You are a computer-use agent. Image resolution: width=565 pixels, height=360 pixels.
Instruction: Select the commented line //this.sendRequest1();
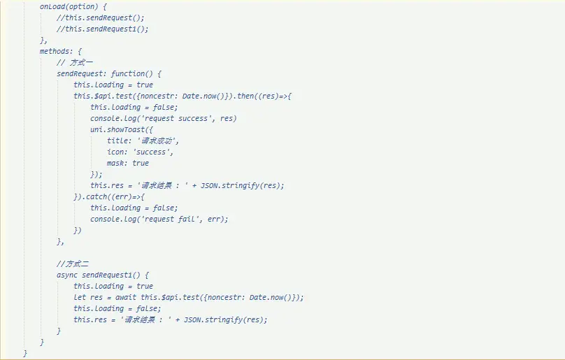(x=102, y=29)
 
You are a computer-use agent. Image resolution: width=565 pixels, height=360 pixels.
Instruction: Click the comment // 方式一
(x=75, y=62)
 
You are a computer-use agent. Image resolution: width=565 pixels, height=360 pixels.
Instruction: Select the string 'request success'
(x=178, y=118)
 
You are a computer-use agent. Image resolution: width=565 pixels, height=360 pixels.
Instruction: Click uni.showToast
(x=117, y=129)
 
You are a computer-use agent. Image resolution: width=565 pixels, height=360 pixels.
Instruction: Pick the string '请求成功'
(x=157, y=141)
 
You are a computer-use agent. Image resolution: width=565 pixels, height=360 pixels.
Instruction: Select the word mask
(x=115, y=163)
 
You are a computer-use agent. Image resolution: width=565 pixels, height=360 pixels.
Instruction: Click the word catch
(x=96, y=196)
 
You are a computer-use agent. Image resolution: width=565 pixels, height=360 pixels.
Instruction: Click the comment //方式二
(x=73, y=264)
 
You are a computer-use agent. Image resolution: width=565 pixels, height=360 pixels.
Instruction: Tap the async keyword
(x=67, y=275)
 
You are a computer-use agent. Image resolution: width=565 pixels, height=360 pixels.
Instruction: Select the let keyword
(x=80, y=297)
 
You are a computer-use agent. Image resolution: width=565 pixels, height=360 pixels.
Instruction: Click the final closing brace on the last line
(x=25, y=353)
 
